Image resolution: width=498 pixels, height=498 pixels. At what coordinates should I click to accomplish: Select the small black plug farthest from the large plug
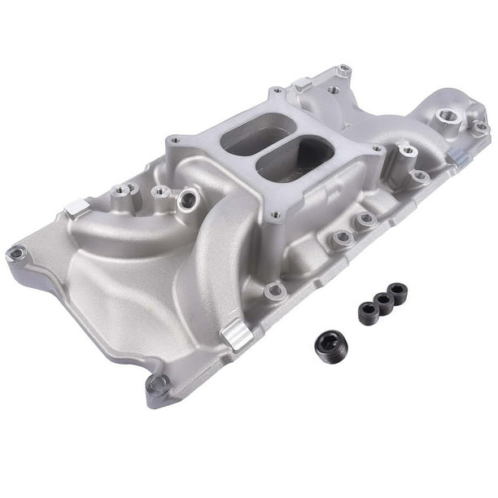tap(397, 292)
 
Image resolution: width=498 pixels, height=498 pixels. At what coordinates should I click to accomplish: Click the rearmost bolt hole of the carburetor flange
tap(277, 91)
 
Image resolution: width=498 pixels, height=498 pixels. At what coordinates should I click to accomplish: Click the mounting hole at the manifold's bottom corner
tap(156, 382)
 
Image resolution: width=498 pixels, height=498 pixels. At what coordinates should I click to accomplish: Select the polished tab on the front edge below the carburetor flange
tap(237, 335)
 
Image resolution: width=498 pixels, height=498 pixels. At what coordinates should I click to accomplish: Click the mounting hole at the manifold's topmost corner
tap(343, 71)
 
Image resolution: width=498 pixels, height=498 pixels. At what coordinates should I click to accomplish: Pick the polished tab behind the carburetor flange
tap(304, 85)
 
